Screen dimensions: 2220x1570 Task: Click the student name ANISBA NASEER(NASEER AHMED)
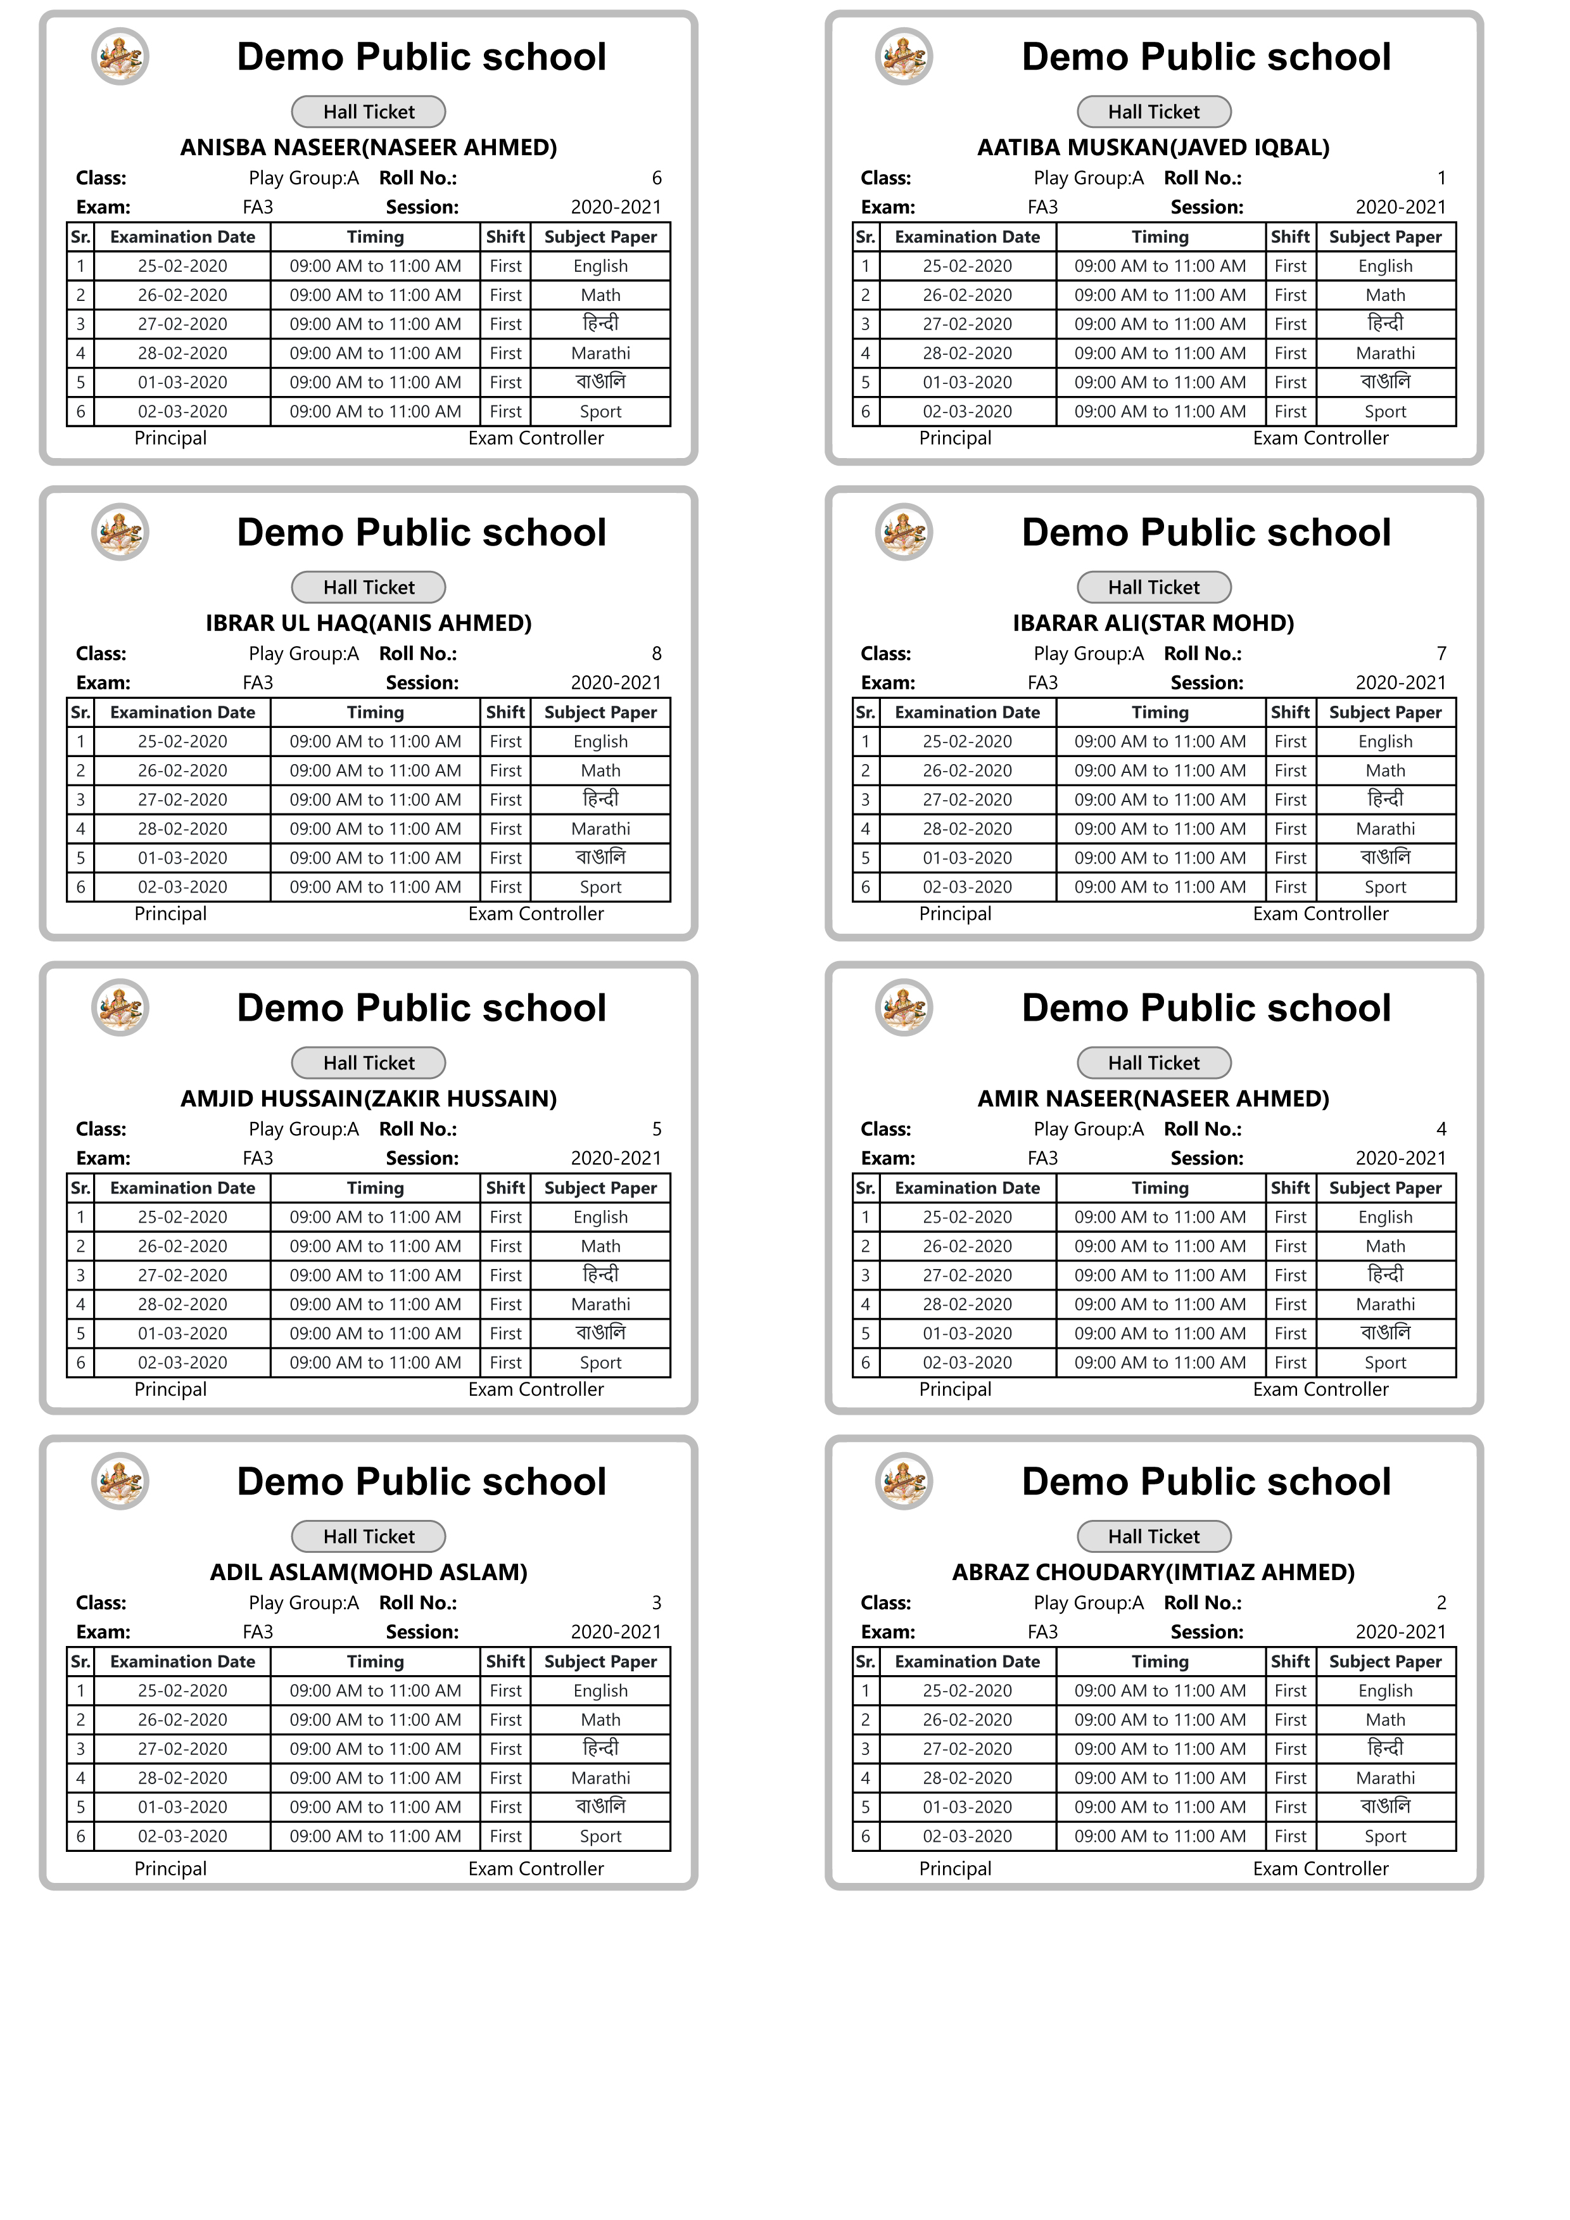[369, 147]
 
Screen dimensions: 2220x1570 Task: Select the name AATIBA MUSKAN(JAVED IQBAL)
[1153, 147]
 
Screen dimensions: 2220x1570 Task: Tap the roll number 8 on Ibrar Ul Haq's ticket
[656, 654]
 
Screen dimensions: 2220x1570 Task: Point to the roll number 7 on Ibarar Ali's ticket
[1441, 654]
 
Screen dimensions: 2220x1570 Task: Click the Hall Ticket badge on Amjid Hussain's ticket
[369, 1062]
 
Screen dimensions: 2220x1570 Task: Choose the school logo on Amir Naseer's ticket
[904, 1007]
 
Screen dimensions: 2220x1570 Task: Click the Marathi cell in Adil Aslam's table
[600, 1778]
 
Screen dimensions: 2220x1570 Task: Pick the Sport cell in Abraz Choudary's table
[1385, 1836]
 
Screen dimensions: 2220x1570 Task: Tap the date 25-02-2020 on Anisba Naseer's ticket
[183, 266]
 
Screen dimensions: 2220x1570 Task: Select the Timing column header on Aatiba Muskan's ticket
[1160, 237]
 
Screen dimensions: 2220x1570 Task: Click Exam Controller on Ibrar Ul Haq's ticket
[536, 914]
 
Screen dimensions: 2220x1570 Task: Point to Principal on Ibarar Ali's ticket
[955, 914]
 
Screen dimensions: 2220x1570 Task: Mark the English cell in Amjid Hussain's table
[600, 1217]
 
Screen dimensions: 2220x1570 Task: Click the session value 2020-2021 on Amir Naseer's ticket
[1401, 1158]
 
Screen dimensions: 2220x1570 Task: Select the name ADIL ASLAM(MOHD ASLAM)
[369, 1572]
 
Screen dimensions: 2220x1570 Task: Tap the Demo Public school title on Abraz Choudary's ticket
[1206, 1483]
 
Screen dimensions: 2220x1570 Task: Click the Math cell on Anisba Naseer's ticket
[600, 295]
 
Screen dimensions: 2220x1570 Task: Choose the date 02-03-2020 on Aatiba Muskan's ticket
[968, 411]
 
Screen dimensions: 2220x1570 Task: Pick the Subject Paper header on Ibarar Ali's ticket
[1385, 713]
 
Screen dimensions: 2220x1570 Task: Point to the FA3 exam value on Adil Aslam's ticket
[258, 1632]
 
